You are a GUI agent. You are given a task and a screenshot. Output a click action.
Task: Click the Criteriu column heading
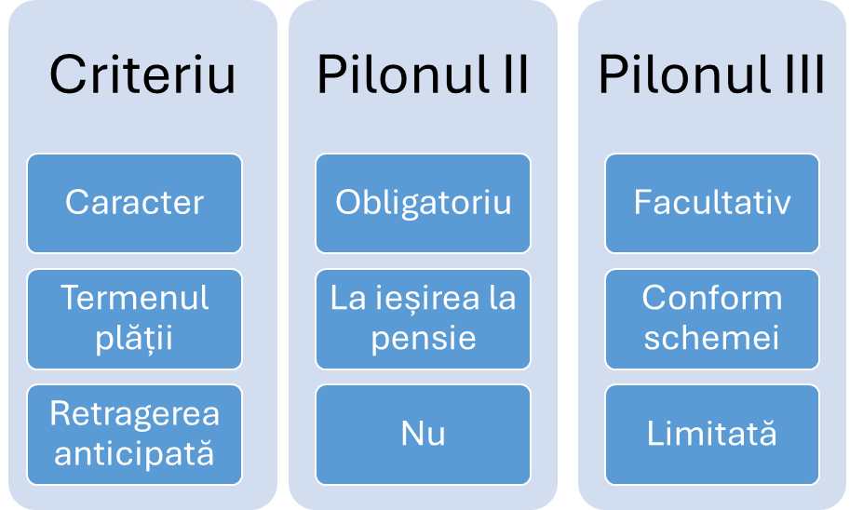(x=142, y=74)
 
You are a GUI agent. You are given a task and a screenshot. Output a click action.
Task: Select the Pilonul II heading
(x=423, y=74)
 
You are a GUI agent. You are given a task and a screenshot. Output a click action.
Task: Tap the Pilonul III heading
(x=711, y=74)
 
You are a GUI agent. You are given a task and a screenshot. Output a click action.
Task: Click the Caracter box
(x=134, y=203)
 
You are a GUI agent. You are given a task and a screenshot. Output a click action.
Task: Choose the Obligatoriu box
(x=423, y=203)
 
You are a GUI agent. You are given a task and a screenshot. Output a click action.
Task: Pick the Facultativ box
(x=712, y=203)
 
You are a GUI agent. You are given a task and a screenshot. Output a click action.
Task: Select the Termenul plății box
(x=134, y=319)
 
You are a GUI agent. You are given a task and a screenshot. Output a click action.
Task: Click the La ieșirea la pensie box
(x=423, y=319)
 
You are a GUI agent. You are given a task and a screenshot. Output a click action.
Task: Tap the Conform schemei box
(x=712, y=319)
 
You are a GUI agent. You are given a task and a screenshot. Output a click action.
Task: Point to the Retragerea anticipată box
(x=134, y=435)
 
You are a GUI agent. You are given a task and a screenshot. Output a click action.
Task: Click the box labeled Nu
(x=423, y=435)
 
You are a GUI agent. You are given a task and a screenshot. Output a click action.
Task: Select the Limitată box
(x=712, y=435)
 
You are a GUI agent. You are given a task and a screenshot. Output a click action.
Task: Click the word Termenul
(x=134, y=298)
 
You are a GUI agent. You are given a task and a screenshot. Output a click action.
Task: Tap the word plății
(x=134, y=338)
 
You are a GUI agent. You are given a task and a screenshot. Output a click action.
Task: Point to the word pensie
(x=423, y=339)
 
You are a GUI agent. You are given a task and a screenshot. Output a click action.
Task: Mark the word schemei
(x=711, y=337)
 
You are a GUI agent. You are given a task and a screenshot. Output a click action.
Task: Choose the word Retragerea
(x=134, y=414)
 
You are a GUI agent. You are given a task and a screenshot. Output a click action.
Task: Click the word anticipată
(x=134, y=453)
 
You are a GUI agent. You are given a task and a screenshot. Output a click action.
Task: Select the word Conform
(x=711, y=298)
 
